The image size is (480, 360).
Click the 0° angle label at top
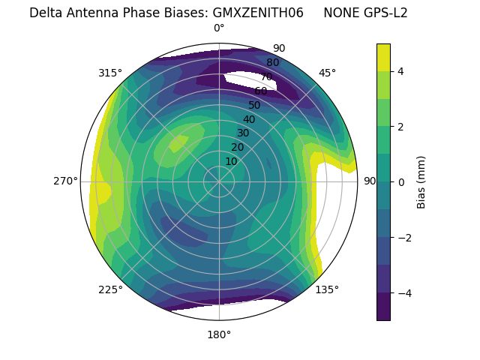tap(219, 28)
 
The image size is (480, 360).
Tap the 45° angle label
tap(327, 73)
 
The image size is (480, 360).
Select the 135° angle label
tap(327, 289)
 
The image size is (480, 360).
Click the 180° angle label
tap(219, 334)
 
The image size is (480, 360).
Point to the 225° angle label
tap(110, 289)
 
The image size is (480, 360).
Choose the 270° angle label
tap(65, 181)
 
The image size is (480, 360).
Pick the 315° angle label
tap(110, 73)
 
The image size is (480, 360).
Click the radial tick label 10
tap(231, 161)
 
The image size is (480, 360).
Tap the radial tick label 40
tap(249, 119)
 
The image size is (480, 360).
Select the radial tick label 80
tap(273, 63)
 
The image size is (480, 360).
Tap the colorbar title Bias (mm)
tap(421, 181)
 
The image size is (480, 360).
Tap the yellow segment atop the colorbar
tap(383, 57)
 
